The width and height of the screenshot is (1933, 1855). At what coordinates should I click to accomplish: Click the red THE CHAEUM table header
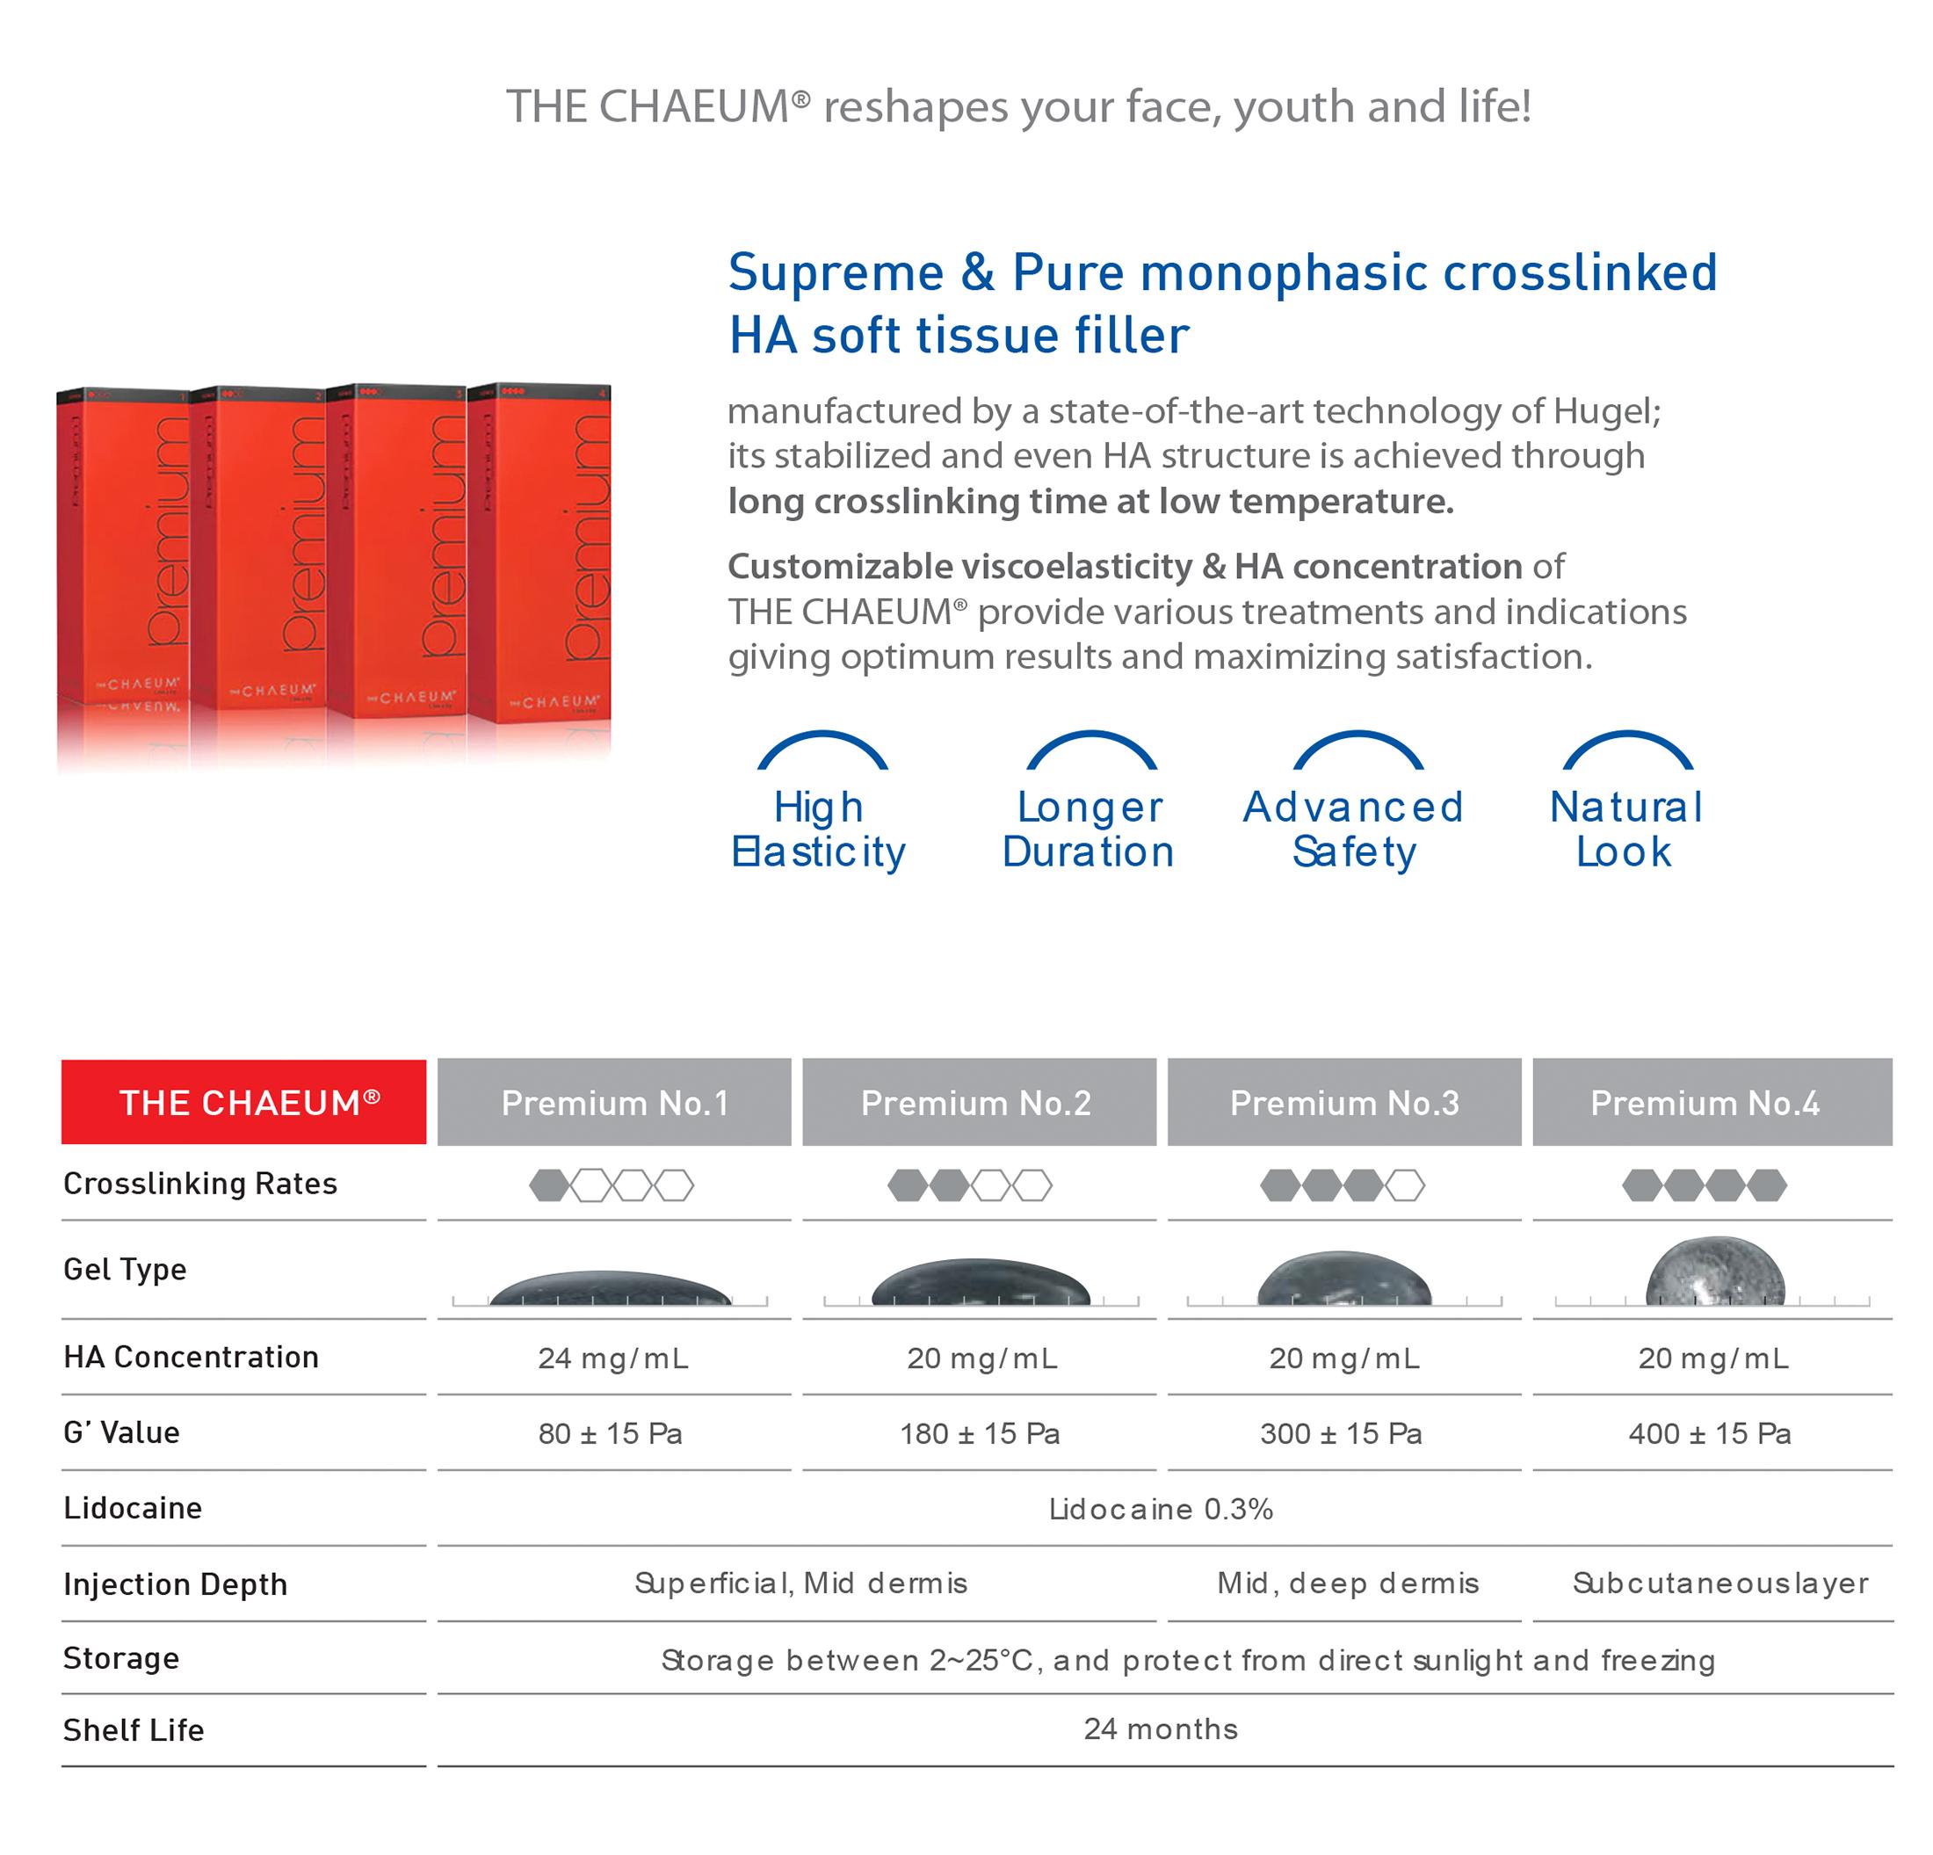243,1102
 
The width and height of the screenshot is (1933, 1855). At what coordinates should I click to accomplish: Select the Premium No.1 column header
614,1103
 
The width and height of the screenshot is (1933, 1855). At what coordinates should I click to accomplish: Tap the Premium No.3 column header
1344,1103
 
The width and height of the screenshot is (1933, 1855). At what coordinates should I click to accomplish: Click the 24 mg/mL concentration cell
613,1358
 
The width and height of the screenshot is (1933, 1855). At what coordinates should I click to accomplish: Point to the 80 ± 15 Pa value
611,1434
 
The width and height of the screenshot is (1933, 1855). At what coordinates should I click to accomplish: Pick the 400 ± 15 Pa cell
1710,1434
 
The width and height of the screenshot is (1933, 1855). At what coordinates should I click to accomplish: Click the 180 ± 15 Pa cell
980,1434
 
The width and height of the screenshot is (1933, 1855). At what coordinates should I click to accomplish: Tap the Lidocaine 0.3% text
1161,1509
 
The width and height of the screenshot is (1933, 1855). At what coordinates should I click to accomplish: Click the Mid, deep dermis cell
1348,1583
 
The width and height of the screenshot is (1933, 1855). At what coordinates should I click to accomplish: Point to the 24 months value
1161,1728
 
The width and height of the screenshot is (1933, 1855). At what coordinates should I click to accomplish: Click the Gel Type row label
126,1269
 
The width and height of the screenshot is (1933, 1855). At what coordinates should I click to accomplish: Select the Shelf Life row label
134,1729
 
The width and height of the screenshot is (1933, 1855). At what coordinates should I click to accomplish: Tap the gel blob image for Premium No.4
1715,1272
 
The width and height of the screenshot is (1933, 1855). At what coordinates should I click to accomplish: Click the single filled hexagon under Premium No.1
548,1185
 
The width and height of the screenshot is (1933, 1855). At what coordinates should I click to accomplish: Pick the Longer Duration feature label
1089,830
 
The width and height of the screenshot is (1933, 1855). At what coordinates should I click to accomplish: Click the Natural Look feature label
1625,830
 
